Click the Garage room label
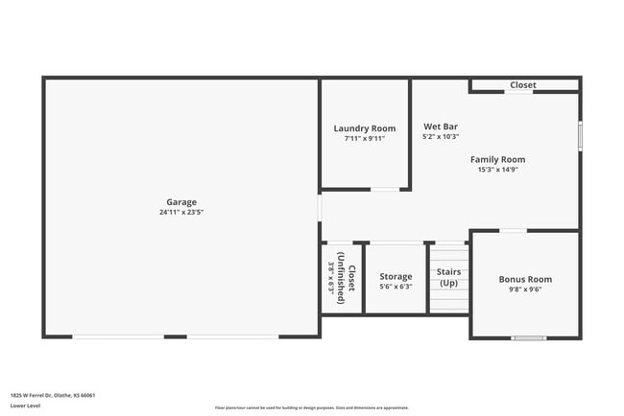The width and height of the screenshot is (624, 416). [181, 201]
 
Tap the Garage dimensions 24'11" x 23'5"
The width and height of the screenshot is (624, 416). [181, 212]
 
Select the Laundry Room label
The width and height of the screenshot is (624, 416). [365, 128]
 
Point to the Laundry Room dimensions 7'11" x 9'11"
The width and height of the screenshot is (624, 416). [365, 138]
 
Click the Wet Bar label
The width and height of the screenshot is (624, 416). [439, 127]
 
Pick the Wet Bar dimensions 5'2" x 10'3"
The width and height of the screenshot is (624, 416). [439, 137]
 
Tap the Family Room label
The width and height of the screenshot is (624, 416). [497, 159]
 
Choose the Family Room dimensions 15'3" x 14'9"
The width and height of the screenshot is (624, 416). [497, 170]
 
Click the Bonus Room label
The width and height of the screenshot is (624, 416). [525, 279]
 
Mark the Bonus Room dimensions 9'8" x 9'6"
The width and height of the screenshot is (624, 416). [525, 289]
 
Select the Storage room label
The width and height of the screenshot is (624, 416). [396, 276]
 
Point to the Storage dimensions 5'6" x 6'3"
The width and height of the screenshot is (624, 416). [396, 287]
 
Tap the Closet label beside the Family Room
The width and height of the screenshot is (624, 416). [523, 85]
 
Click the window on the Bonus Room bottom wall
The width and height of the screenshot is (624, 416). [529, 337]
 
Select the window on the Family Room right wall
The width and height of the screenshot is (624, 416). [580, 135]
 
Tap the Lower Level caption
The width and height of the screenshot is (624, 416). [25, 405]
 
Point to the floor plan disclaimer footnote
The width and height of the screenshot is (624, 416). [310, 407]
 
